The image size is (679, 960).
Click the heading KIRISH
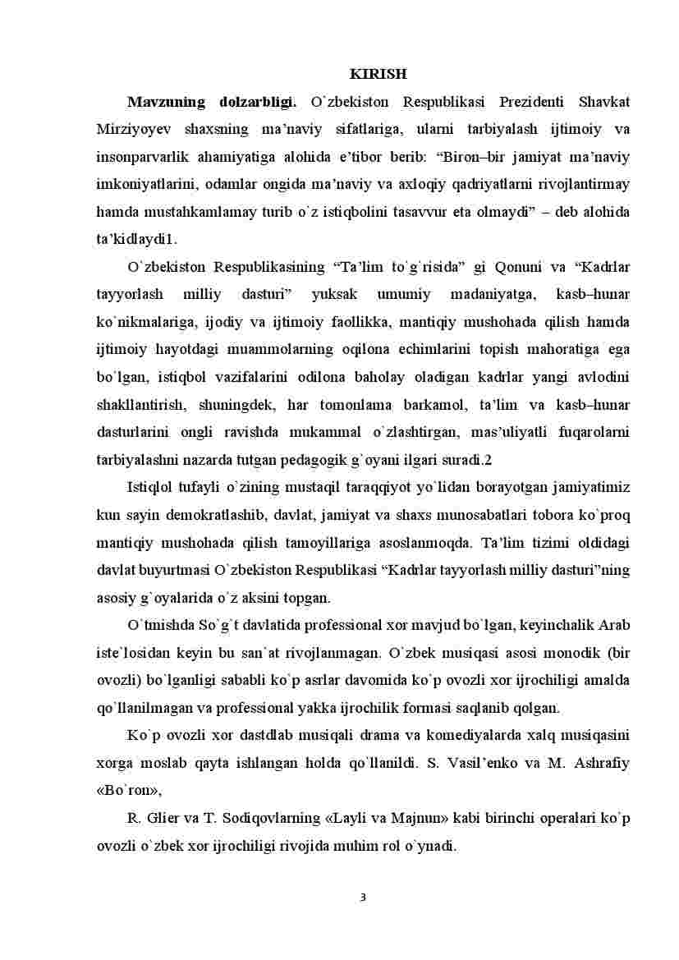coord(378,75)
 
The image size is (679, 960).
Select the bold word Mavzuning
coord(167,103)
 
